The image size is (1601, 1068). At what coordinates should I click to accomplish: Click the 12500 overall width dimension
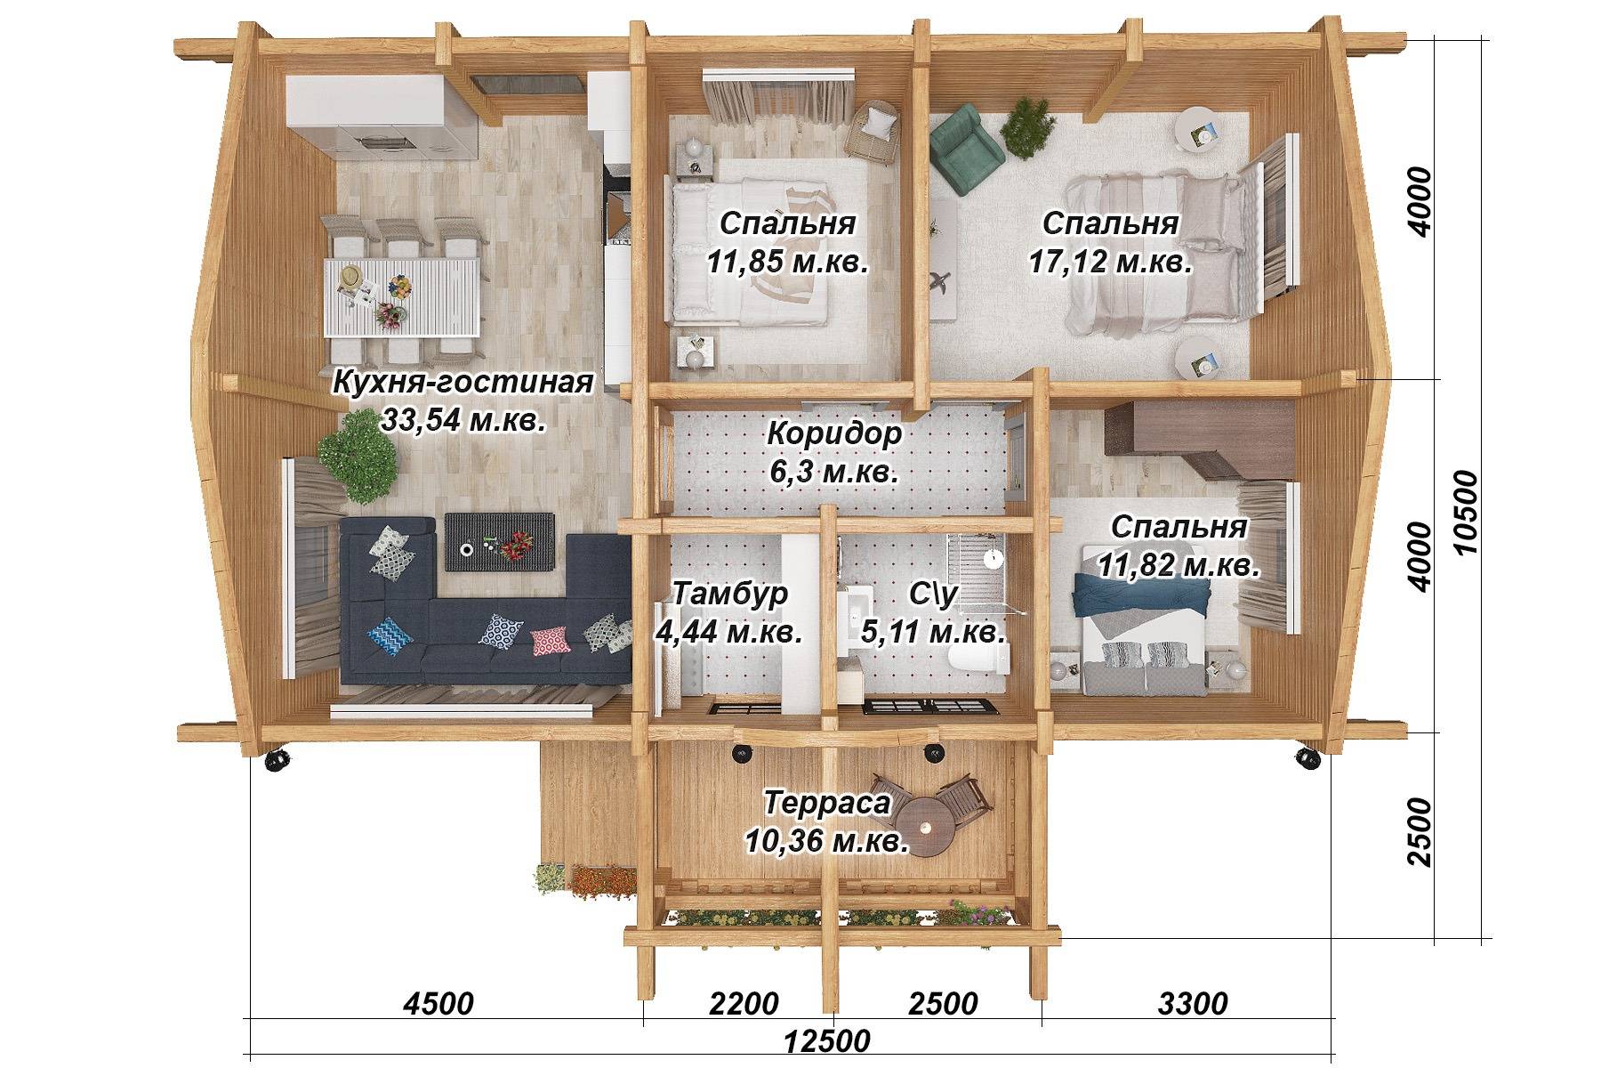(x=827, y=1040)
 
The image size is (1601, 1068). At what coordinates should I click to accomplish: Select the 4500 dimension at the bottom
(x=438, y=1004)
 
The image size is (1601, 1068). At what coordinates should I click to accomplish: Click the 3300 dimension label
(x=1192, y=1004)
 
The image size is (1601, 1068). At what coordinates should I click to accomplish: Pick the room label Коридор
(x=834, y=435)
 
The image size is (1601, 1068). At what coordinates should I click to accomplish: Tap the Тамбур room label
(x=730, y=594)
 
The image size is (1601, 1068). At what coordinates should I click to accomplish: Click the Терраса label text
(x=827, y=803)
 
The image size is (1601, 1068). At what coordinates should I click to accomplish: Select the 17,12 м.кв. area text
(x=1111, y=263)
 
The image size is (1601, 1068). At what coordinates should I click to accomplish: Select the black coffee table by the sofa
(x=499, y=541)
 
